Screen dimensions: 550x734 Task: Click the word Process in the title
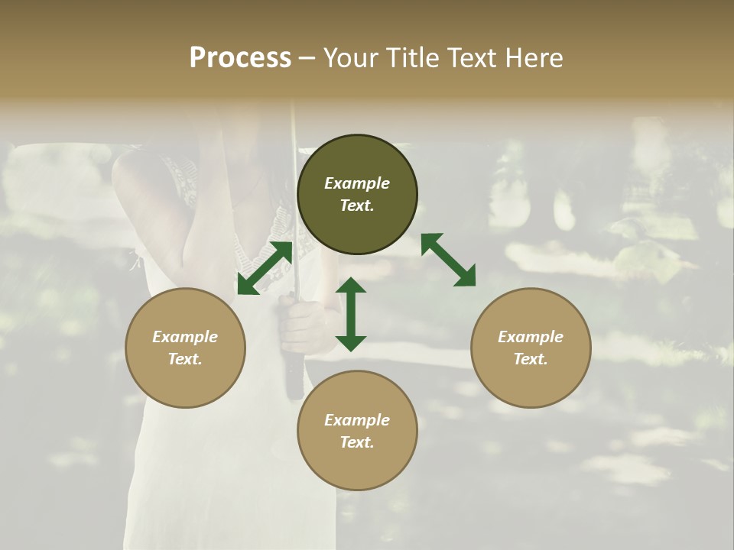tap(240, 58)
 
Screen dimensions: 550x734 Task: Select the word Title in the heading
tap(412, 58)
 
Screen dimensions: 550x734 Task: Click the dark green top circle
tap(357, 195)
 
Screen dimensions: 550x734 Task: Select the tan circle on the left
tap(185, 348)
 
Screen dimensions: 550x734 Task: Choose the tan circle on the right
tap(531, 348)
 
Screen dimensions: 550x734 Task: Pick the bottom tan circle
tap(357, 430)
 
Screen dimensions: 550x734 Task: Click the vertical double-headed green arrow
tap(351, 314)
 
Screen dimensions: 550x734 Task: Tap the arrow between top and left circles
tap(265, 267)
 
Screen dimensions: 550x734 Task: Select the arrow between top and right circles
tap(448, 260)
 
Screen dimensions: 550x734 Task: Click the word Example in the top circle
tap(357, 183)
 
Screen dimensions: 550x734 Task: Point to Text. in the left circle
tap(185, 359)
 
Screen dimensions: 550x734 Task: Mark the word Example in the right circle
tap(531, 337)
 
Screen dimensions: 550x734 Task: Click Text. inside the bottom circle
tap(357, 442)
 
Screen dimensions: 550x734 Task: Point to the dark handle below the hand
tap(294, 378)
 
